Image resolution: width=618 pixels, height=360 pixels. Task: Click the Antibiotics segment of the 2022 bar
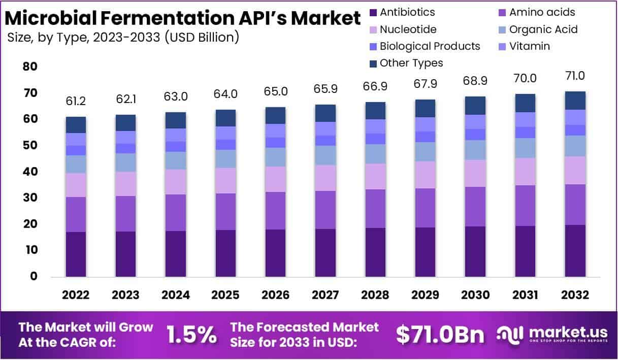click(x=76, y=254)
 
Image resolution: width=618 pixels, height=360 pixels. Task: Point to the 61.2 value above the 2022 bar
click(x=76, y=102)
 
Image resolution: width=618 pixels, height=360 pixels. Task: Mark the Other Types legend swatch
click(x=373, y=63)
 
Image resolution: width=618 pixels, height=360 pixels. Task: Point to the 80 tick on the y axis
click(x=29, y=67)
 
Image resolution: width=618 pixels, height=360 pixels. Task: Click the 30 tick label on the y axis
click(x=29, y=198)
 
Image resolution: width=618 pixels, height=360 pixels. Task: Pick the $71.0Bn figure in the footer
click(x=439, y=335)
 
